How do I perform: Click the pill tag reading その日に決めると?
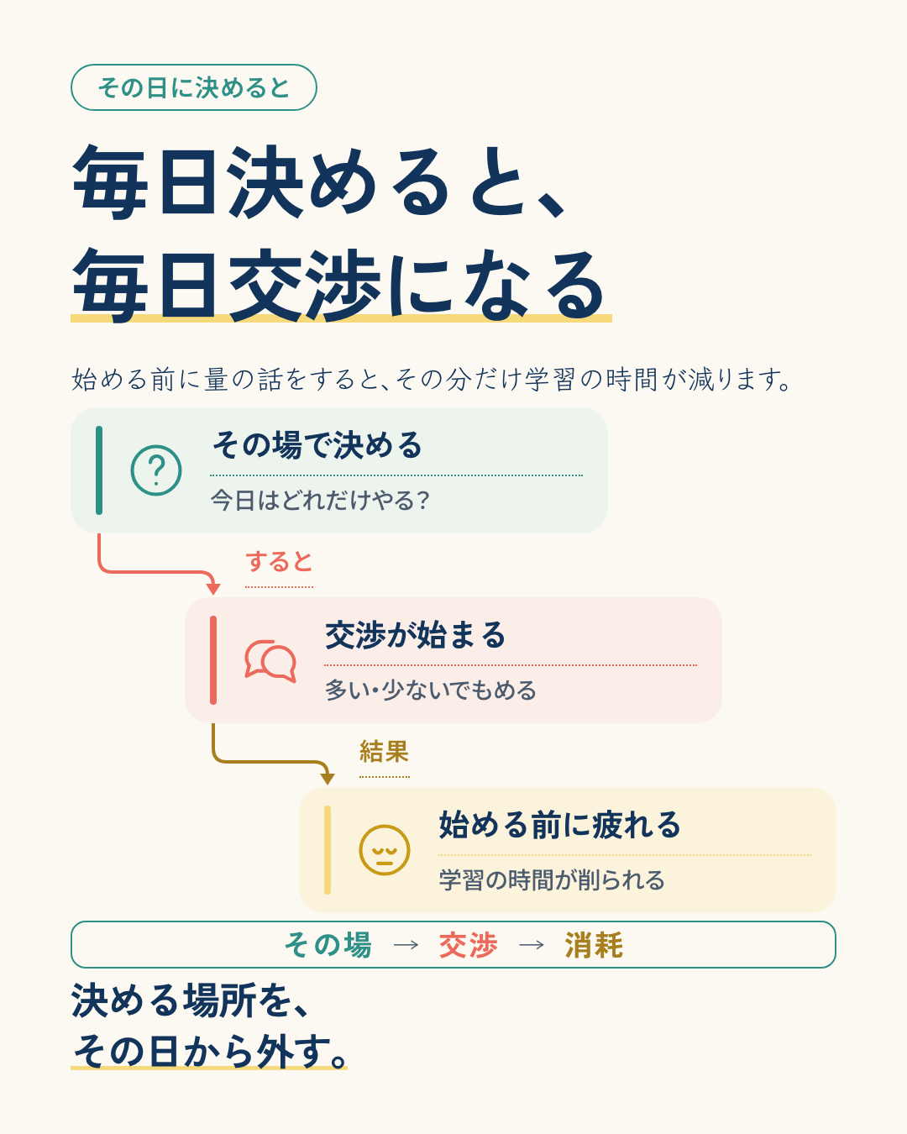point(193,87)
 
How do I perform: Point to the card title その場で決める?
point(317,445)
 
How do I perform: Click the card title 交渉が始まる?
point(416,635)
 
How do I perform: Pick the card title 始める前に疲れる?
point(559,825)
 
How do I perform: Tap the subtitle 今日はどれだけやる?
point(320,500)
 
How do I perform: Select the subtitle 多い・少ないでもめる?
point(431,690)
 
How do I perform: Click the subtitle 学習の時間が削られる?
point(552,879)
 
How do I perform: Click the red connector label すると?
point(279,562)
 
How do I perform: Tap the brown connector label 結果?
point(384,752)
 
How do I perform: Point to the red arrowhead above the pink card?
point(213,589)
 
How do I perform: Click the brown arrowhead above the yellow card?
point(328,779)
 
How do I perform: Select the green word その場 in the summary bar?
point(328,945)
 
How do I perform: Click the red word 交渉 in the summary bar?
point(468,945)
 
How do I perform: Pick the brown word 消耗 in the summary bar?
point(594,945)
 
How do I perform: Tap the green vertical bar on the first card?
point(98,470)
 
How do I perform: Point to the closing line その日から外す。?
point(210,1051)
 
